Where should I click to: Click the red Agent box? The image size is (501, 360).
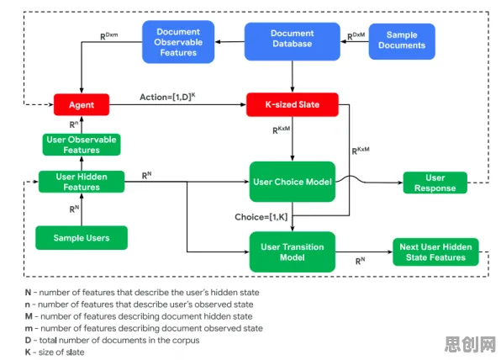click(x=82, y=104)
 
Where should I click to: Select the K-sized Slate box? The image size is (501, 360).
click(x=293, y=104)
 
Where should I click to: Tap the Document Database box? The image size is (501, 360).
click(x=293, y=41)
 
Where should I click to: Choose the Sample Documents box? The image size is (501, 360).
click(x=402, y=41)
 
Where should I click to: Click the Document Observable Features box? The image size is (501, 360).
click(x=178, y=42)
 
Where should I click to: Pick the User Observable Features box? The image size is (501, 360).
click(x=82, y=145)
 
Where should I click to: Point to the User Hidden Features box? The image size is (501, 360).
click(x=82, y=182)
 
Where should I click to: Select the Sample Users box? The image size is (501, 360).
click(x=82, y=238)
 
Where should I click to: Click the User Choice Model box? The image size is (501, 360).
click(x=293, y=182)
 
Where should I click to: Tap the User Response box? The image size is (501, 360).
click(x=435, y=183)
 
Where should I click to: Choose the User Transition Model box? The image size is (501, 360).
click(x=293, y=252)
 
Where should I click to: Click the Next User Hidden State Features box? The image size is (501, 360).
click(x=435, y=252)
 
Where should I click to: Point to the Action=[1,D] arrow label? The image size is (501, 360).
click(x=167, y=97)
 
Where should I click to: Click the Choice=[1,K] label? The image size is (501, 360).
click(x=261, y=217)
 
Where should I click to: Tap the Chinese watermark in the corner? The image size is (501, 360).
click(x=470, y=344)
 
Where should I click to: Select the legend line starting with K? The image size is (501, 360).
click(x=55, y=352)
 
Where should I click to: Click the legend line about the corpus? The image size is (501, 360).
click(x=112, y=340)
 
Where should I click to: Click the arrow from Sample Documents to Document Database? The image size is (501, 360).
click(x=355, y=41)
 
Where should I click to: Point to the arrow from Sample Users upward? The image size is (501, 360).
click(x=82, y=209)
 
